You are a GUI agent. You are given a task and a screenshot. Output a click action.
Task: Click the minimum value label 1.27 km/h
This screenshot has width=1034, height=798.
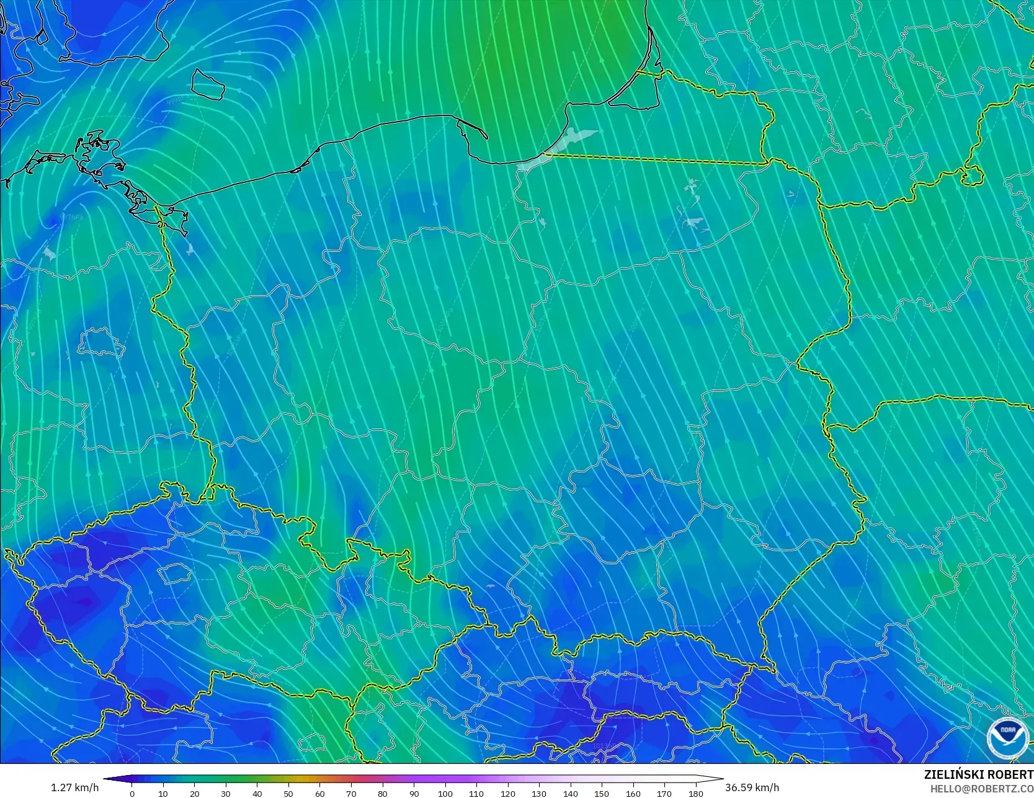(74, 787)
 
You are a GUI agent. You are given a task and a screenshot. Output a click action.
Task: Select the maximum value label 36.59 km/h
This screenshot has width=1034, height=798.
(752, 787)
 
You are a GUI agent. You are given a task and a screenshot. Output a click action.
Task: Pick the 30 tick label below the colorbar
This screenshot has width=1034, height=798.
(226, 793)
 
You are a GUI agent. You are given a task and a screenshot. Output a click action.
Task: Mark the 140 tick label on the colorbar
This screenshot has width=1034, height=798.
(571, 793)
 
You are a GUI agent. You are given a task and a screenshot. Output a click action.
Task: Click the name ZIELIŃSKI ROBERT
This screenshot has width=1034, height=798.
(978, 774)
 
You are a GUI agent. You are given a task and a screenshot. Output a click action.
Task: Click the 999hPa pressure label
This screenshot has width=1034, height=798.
(176, 99)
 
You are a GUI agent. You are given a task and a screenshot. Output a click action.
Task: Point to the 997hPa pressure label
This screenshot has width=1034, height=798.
(71, 217)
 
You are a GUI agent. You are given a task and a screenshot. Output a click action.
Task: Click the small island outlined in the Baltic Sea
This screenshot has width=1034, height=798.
(207, 84)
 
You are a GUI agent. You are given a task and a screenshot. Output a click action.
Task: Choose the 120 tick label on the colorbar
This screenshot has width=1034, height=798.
(508, 793)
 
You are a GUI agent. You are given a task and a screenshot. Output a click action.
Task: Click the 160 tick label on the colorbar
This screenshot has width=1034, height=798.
(633, 793)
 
